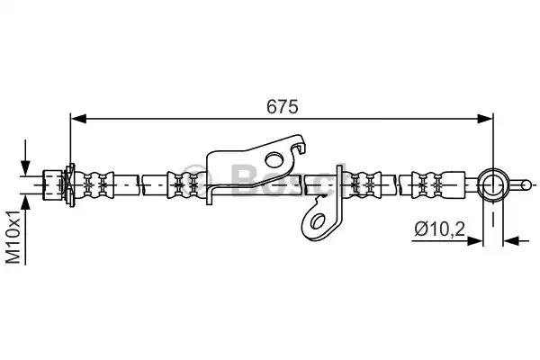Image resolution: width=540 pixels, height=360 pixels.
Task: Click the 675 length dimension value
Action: point(281,105)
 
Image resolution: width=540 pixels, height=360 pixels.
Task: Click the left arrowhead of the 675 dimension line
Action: point(78,118)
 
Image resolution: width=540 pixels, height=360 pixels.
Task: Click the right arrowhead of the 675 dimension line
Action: point(486,118)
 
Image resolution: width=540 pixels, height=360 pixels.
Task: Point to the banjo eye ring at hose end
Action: point(493,185)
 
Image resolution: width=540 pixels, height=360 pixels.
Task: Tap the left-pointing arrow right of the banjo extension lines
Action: point(511,240)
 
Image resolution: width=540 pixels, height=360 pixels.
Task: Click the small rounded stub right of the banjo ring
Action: point(522,185)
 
